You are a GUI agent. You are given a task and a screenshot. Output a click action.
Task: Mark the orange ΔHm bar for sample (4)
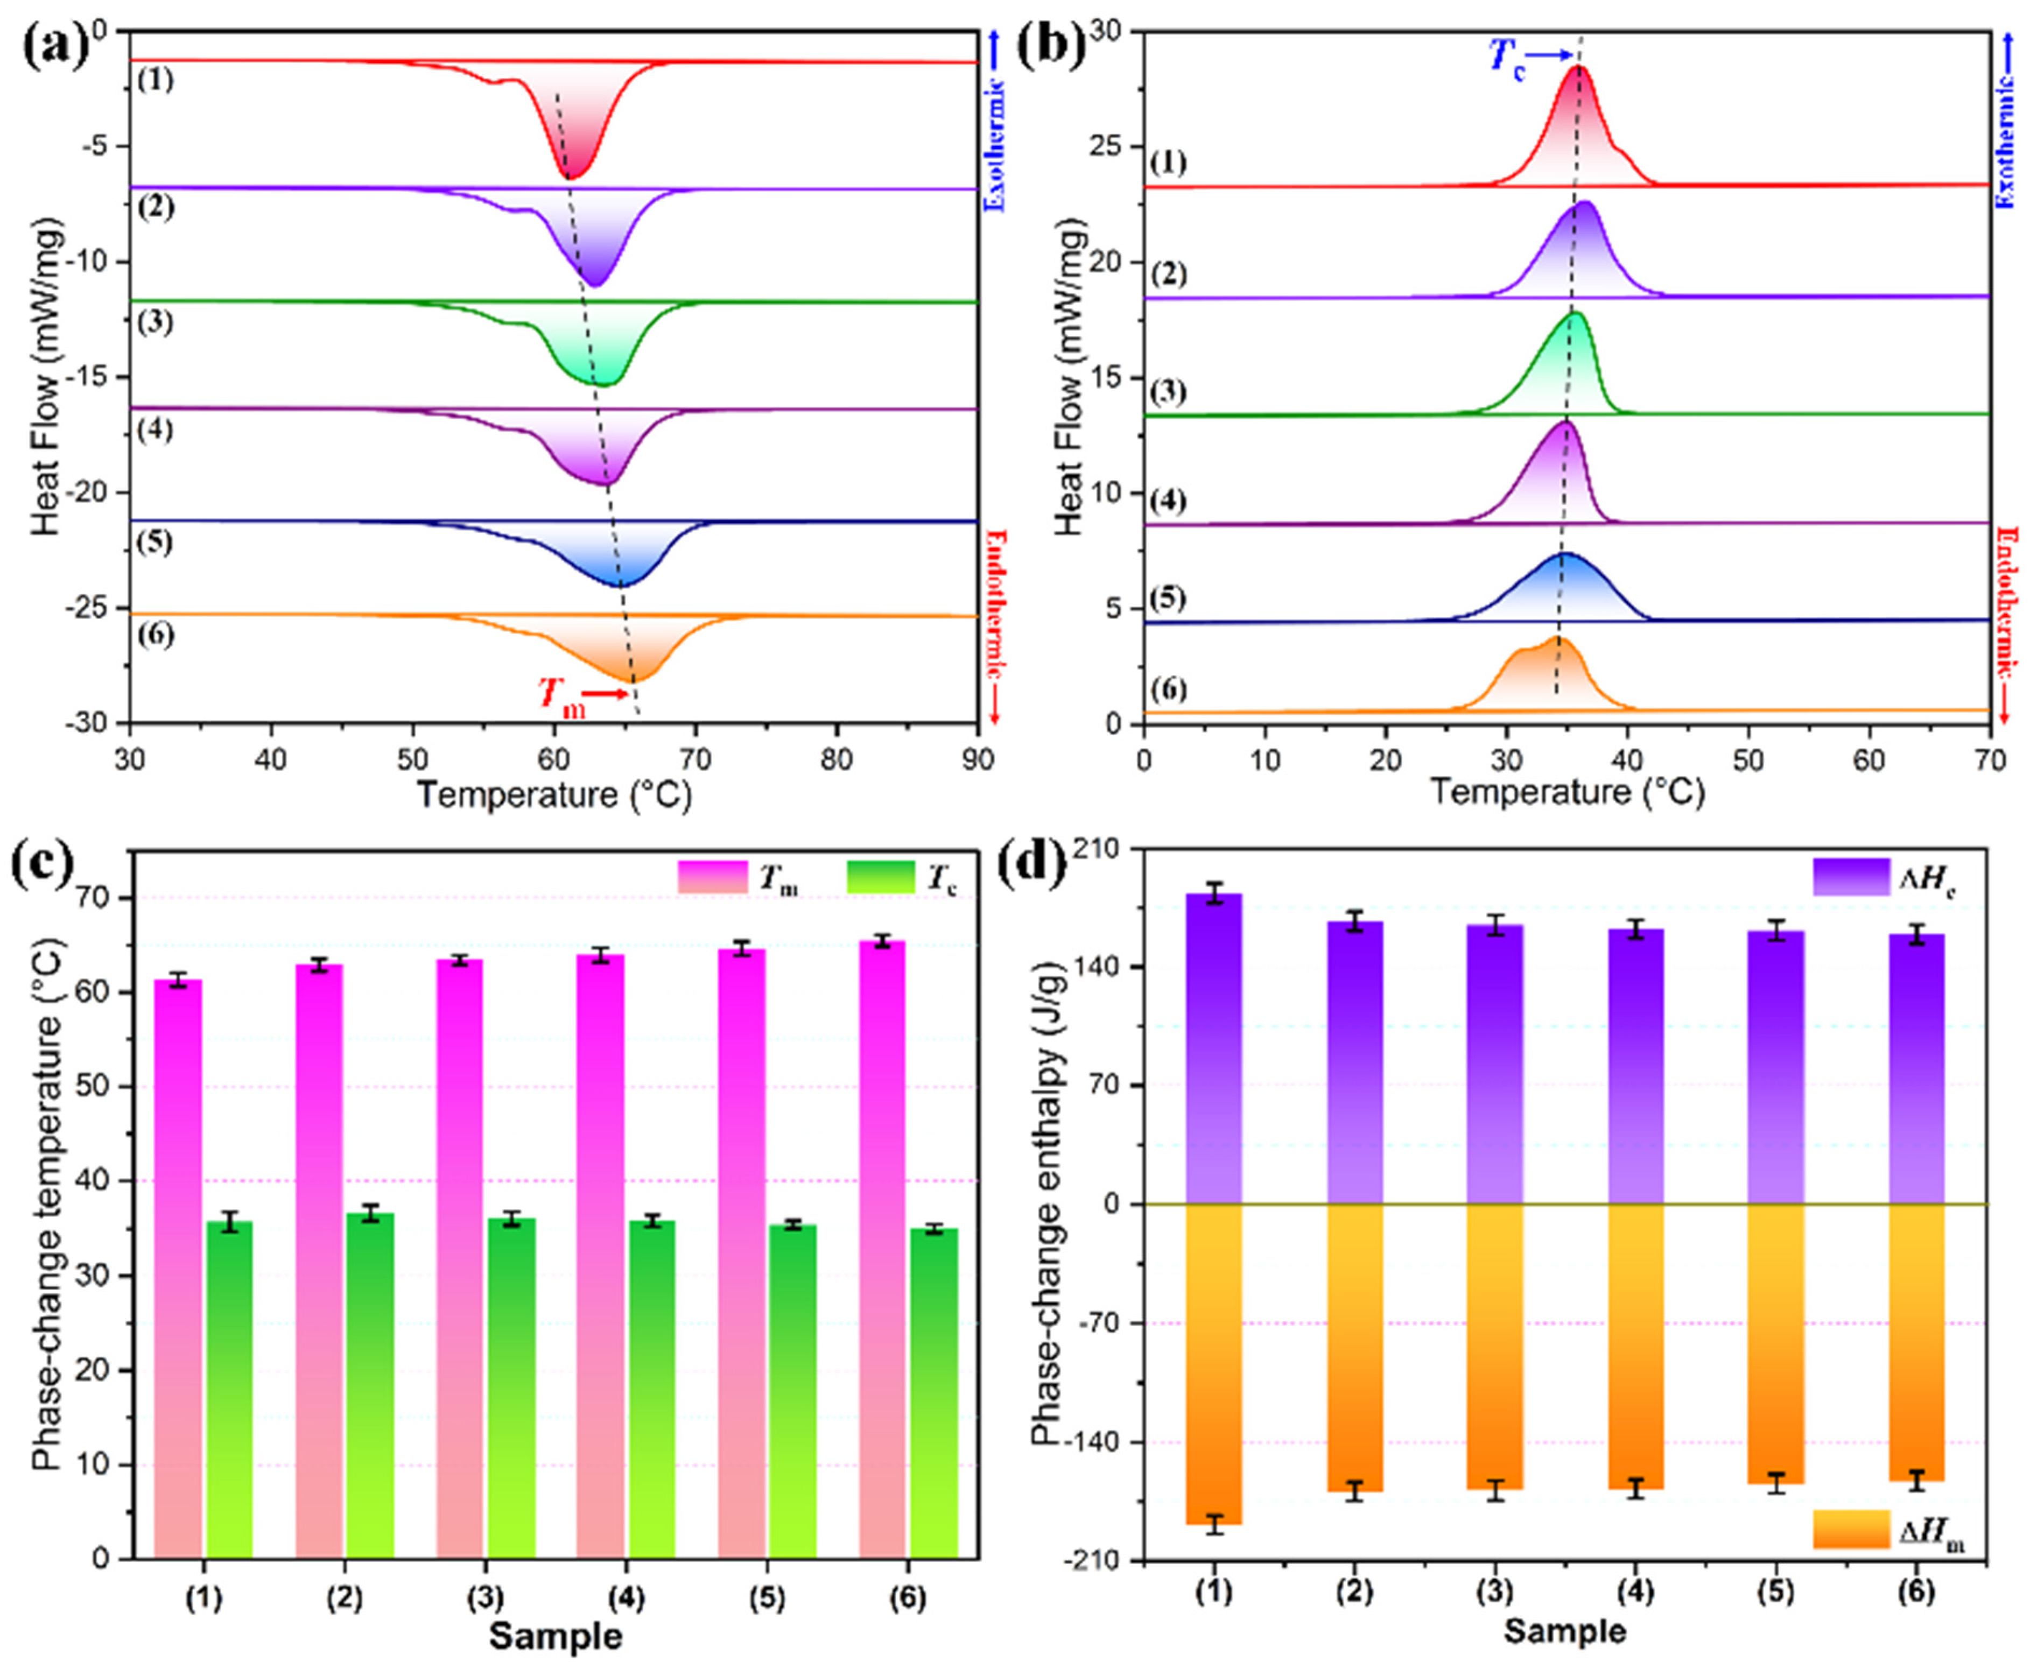[1636, 1346]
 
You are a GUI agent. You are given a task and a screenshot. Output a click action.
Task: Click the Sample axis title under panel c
[555, 1635]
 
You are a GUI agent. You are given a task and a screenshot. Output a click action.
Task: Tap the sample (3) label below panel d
[1494, 1592]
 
